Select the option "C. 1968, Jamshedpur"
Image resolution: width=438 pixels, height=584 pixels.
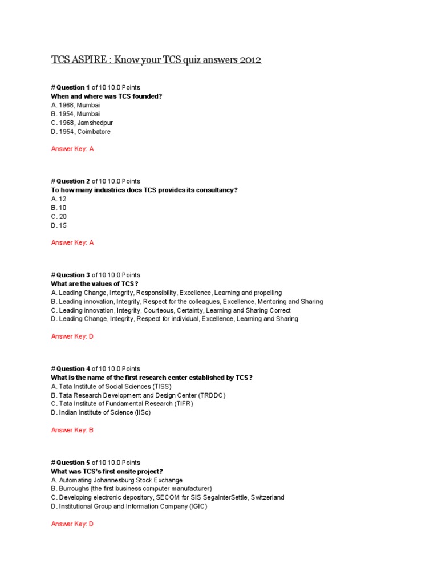[x=80, y=123]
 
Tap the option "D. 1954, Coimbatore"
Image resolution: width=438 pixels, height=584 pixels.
[x=80, y=132]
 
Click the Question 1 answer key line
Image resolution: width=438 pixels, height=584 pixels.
[x=72, y=149]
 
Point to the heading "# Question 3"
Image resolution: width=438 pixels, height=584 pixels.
[x=70, y=275]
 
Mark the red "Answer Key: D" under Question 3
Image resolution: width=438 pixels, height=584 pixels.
[x=72, y=336]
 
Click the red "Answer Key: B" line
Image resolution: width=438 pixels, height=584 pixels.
[x=72, y=430]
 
